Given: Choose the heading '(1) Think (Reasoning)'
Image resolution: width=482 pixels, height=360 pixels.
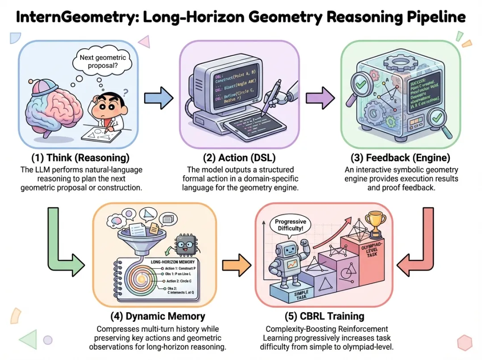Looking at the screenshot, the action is tap(80, 158).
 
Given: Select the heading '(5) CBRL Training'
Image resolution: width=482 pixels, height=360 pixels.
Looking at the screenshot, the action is tap(324, 316).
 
